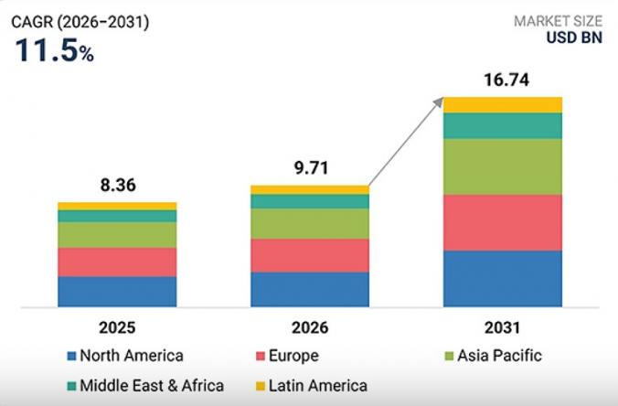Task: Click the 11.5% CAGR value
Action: [x=53, y=51]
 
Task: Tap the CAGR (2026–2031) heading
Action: [x=79, y=21]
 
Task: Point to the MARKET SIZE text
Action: [x=559, y=20]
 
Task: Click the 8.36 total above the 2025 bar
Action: [x=117, y=186]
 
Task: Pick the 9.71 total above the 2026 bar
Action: [x=310, y=168]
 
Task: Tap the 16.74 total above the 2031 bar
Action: [x=502, y=80]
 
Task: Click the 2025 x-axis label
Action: [x=117, y=326]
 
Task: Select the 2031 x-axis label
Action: [x=502, y=326]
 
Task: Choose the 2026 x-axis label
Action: [x=310, y=326]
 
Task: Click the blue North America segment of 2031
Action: [x=502, y=279]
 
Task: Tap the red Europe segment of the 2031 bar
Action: [x=502, y=222]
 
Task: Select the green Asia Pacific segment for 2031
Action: [x=502, y=166]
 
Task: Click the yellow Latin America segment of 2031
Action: [x=502, y=104]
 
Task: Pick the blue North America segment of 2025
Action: [x=117, y=292]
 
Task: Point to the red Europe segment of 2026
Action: [x=310, y=255]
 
